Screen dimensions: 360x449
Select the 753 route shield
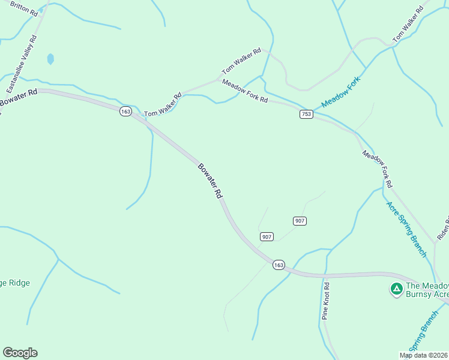click(x=306, y=114)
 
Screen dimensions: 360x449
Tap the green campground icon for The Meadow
click(x=396, y=289)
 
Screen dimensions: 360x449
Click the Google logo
click(x=20, y=353)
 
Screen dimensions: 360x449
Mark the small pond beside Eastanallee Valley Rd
click(x=50, y=59)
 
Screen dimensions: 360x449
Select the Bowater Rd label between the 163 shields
click(x=210, y=181)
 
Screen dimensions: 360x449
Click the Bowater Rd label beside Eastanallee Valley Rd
click(x=18, y=98)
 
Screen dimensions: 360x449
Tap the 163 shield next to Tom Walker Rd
click(x=125, y=112)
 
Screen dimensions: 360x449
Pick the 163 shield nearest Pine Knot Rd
click(x=278, y=265)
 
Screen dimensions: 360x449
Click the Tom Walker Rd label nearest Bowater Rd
click(x=162, y=105)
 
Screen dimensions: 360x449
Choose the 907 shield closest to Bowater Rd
click(x=267, y=237)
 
